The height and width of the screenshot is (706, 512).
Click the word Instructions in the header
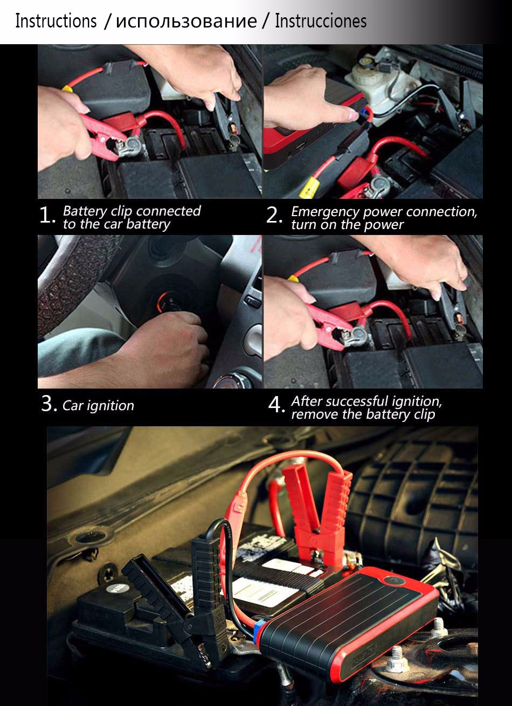pos(56,21)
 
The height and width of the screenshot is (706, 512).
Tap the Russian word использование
pos(186,22)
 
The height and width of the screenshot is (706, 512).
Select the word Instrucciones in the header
pos(321,21)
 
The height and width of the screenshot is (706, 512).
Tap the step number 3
pos(49,404)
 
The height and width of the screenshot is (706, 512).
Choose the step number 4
pos(276,405)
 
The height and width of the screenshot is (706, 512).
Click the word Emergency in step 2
pos(326,212)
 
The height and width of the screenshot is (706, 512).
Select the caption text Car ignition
pos(99,406)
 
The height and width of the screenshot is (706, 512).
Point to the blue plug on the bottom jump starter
pos(259,627)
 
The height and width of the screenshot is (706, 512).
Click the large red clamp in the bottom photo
pos(317,517)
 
